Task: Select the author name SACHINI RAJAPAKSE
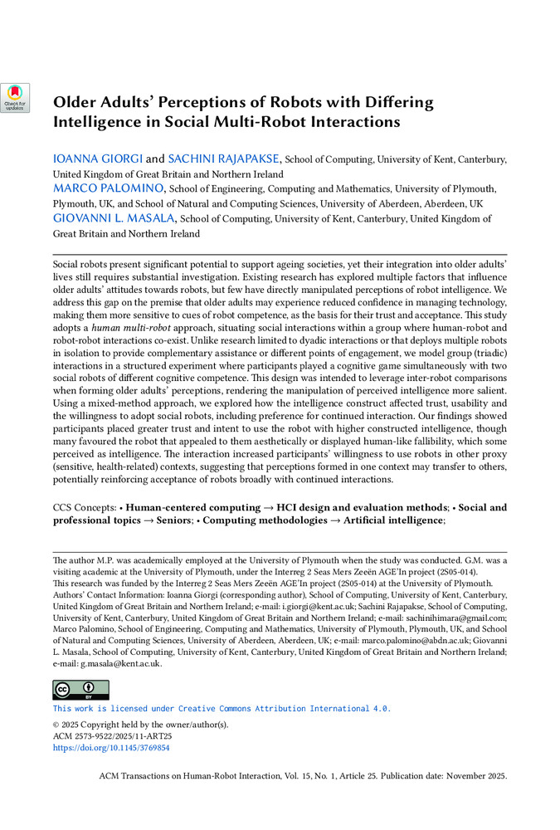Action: (x=225, y=158)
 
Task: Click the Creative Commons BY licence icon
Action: (x=80, y=690)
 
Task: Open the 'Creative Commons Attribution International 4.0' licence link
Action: (x=222, y=709)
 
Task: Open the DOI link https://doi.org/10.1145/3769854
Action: (x=111, y=747)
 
